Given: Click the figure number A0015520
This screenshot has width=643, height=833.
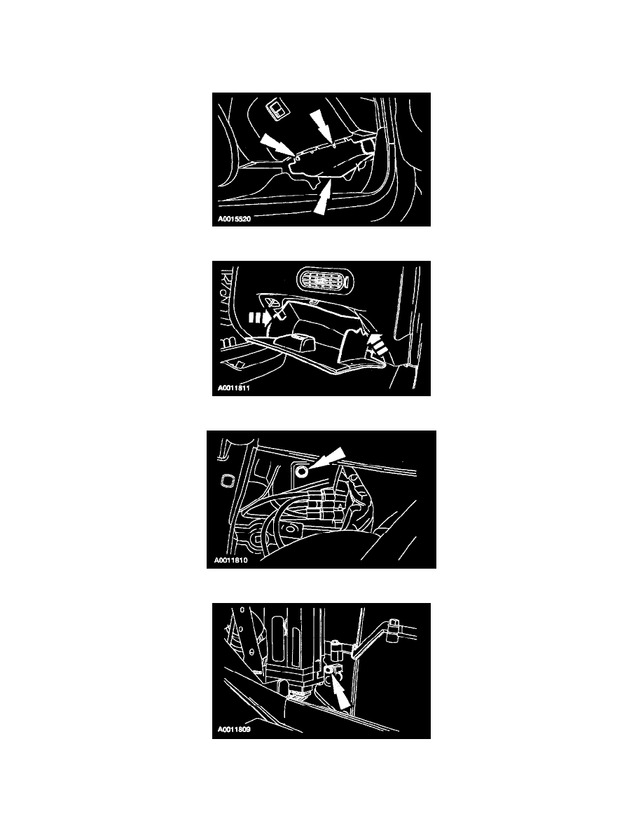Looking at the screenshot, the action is tap(234, 219).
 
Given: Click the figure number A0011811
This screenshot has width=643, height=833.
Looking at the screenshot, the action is tap(234, 388).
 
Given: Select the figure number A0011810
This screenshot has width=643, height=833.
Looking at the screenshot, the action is tap(230, 560).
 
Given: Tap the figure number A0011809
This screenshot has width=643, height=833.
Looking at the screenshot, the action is tap(234, 729).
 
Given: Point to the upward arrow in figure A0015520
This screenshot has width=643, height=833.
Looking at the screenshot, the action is tap(322, 196).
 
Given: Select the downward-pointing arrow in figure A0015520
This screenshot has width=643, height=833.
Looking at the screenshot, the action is tap(323, 126).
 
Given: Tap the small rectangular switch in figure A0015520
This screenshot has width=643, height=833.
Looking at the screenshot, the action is tap(277, 109).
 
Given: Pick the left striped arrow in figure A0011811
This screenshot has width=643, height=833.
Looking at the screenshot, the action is tap(263, 318).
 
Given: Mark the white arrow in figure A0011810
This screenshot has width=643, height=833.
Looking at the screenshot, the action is tap(328, 457).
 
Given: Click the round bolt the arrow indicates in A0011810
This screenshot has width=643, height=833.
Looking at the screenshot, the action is tap(302, 470).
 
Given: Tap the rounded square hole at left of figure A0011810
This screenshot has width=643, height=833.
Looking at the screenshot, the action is tap(226, 480).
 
